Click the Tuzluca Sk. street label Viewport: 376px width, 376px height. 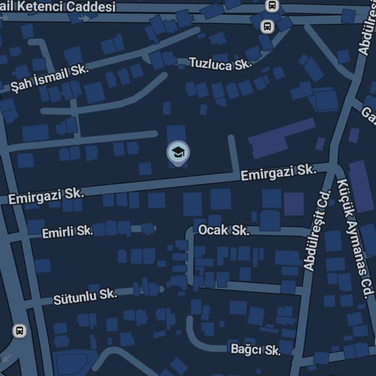point(219,64)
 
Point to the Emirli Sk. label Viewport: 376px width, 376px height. point(67,232)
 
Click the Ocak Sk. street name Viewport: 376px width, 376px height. point(224,230)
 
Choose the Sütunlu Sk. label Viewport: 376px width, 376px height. point(85,296)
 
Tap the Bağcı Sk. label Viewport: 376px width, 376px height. point(255,350)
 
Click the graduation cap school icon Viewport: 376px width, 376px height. point(178,152)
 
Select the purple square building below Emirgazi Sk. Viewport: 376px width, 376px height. point(294,204)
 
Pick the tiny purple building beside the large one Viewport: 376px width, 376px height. point(320,144)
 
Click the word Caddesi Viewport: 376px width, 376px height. point(92,7)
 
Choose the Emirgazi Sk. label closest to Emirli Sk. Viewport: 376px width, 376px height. point(46,196)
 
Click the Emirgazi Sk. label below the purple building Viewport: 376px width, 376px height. point(277,172)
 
